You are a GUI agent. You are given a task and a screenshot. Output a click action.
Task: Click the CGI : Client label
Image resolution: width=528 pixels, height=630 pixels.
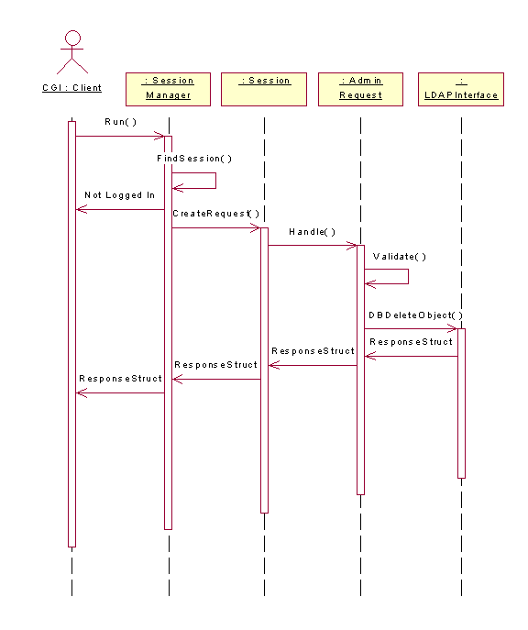click(x=71, y=88)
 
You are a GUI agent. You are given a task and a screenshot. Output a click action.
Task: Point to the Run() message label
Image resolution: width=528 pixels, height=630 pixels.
click(x=120, y=122)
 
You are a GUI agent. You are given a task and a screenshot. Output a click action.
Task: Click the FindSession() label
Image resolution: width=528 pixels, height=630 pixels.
click(x=194, y=159)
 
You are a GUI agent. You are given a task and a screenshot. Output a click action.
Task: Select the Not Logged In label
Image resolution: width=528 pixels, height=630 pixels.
click(x=120, y=194)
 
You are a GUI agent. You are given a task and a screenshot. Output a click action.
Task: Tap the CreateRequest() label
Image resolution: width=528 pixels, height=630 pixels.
click(x=216, y=214)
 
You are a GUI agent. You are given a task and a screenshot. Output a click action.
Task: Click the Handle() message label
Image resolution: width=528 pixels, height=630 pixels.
click(x=312, y=232)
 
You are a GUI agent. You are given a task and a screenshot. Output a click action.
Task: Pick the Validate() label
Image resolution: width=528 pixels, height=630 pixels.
click(x=400, y=257)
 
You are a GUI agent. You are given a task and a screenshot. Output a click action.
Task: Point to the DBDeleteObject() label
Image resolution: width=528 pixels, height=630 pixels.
click(x=415, y=315)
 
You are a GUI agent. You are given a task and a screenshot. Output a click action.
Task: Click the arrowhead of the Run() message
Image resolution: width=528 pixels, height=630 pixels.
click(x=159, y=137)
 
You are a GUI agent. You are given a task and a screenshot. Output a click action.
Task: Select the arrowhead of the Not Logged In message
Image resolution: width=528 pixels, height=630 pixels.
click(x=82, y=209)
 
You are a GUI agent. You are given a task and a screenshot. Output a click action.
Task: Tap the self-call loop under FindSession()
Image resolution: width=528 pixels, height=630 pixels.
click(x=215, y=181)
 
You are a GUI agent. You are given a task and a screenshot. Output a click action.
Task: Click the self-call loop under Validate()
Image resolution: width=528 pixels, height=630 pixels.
click(x=408, y=276)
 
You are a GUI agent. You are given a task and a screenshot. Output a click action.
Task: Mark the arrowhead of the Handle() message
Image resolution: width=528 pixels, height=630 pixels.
click(x=352, y=245)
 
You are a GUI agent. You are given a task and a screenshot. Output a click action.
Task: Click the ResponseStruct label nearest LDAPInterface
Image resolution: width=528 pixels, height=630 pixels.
click(x=411, y=342)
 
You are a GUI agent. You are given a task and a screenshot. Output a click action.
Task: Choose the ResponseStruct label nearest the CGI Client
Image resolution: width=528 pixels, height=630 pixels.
click(x=120, y=379)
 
